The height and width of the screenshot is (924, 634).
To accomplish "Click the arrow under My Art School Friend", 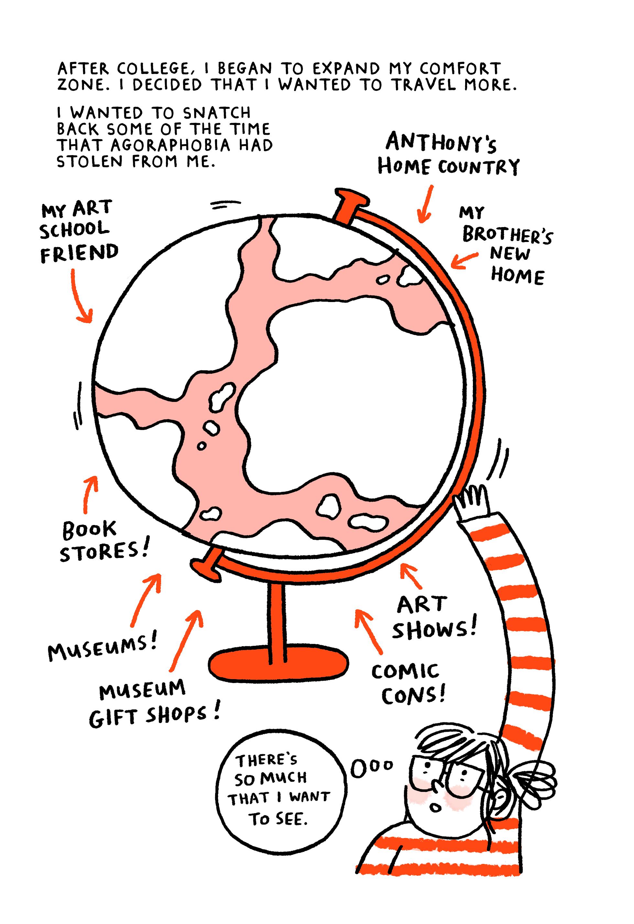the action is coord(81,298).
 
